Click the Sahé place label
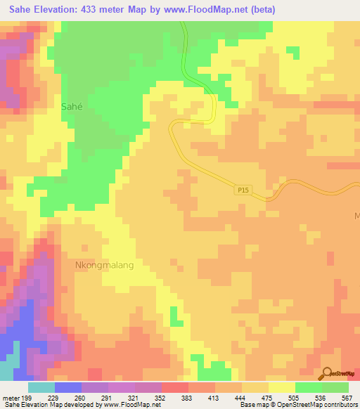pos(76,107)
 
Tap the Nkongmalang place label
pos(104,266)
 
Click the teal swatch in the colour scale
pos(41,387)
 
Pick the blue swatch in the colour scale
pos(68,387)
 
